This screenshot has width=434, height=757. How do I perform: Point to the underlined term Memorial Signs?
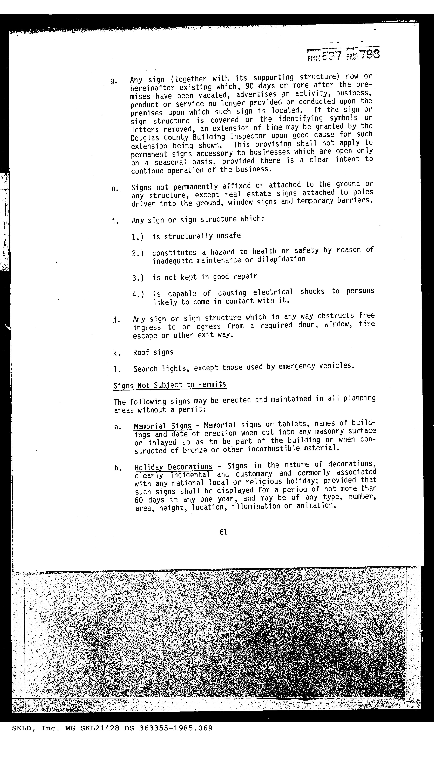coord(162,426)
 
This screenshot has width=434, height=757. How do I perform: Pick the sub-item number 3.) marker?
coord(138,278)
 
